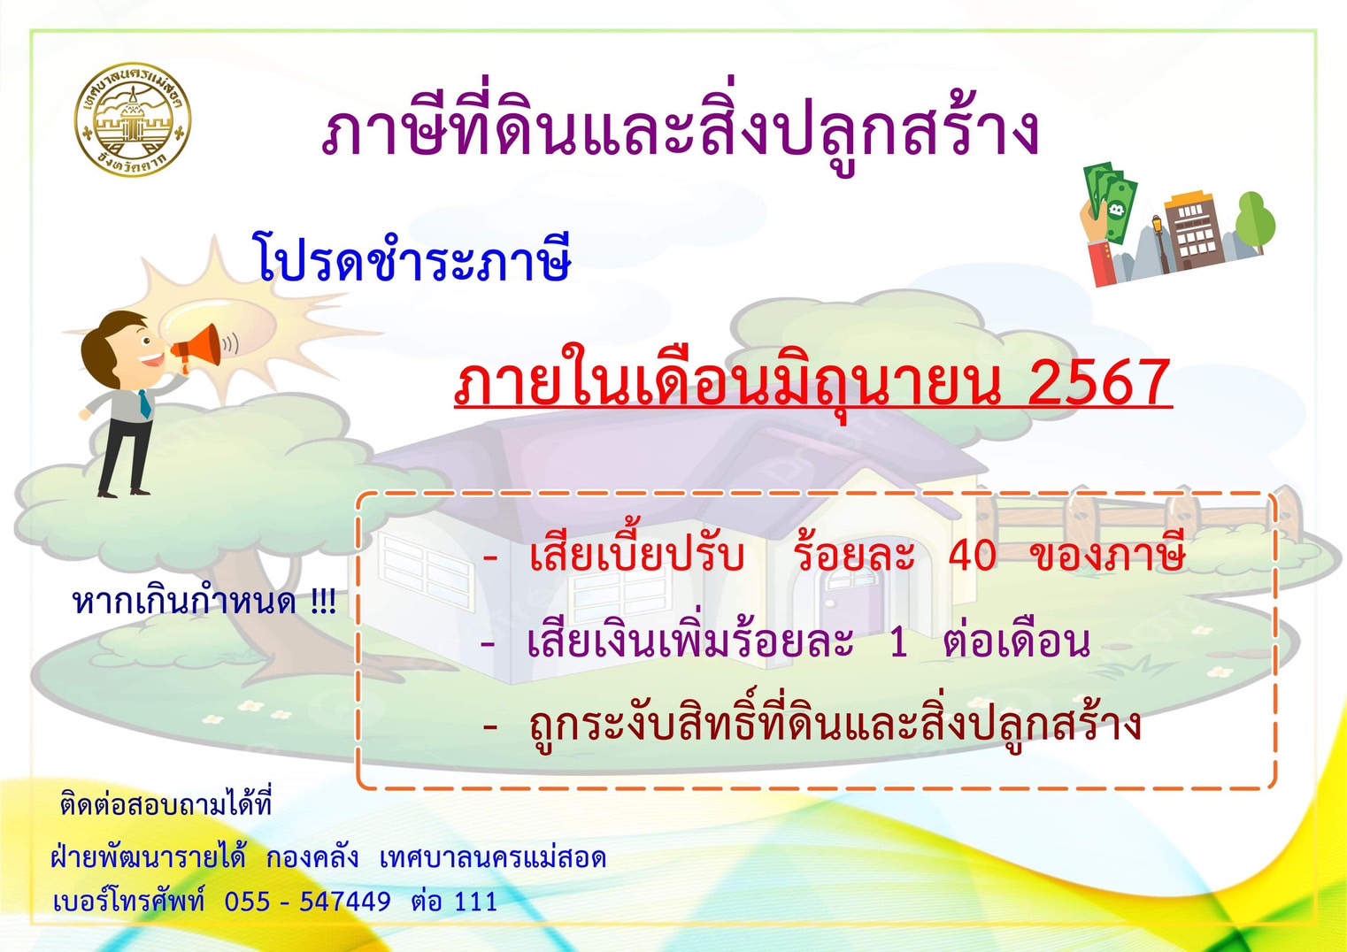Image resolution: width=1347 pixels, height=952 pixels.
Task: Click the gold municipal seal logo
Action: click(x=132, y=120)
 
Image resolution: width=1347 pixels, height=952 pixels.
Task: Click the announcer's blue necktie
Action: click(x=144, y=403)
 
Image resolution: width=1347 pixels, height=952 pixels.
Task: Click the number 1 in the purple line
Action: click(x=898, y=644)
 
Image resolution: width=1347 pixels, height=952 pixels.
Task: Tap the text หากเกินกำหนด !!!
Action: click(x=204, y=602)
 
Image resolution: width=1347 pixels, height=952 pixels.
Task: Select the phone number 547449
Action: click(x=345, y=902)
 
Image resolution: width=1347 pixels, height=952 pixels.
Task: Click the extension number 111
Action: click(x=475, y=902)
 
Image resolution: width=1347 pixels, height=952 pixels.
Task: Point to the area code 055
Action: click(x=247, y=902)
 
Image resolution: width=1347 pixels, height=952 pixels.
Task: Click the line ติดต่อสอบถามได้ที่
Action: click(x=166, y=803)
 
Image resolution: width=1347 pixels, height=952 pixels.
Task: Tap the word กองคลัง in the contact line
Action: click(x=312, y=857)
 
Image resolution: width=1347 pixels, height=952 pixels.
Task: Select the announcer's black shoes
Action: click(x=123, y=493)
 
